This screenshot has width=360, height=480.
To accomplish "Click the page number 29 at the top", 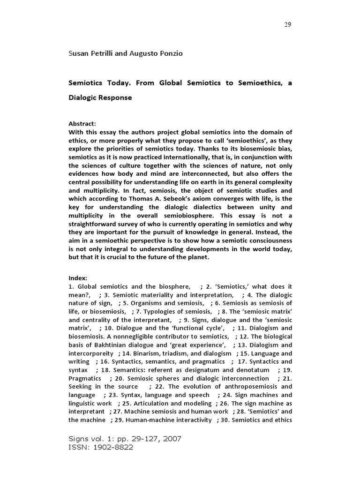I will pos(288,25).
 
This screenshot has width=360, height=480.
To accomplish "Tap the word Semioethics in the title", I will pos(257,82).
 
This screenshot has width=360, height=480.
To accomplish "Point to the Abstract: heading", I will pos(82,124).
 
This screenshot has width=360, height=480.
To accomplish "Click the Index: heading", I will pos(78,278).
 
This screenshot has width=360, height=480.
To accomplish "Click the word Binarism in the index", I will pos(140,353).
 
